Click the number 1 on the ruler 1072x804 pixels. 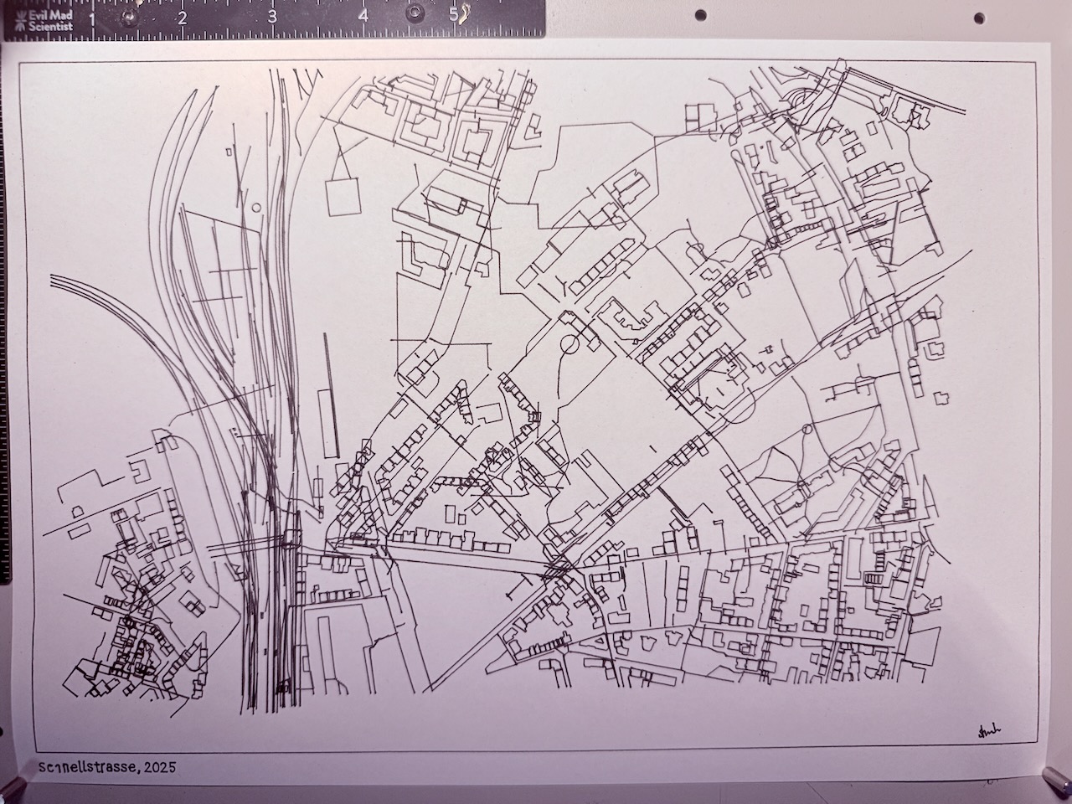click(x=91, y=18)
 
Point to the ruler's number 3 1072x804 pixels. click(x=272, y=17)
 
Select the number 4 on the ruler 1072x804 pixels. click(x=363, y=16)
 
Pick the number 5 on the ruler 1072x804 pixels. click(x=453, y=15)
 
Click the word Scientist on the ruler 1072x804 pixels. click(x=49, y=26)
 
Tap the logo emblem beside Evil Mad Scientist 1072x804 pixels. click(x=14, y=21)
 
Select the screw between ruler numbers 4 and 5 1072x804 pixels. click(x=414, y=13)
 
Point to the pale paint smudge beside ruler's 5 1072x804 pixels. click(x=464, y=13)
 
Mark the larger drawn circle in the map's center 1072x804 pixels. click(x=570, y=343)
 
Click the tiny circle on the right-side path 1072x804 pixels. click(x=807, y=429)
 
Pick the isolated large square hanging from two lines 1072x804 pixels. click(x=342, y=198)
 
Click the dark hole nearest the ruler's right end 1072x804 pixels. click(x=701, y=14)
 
